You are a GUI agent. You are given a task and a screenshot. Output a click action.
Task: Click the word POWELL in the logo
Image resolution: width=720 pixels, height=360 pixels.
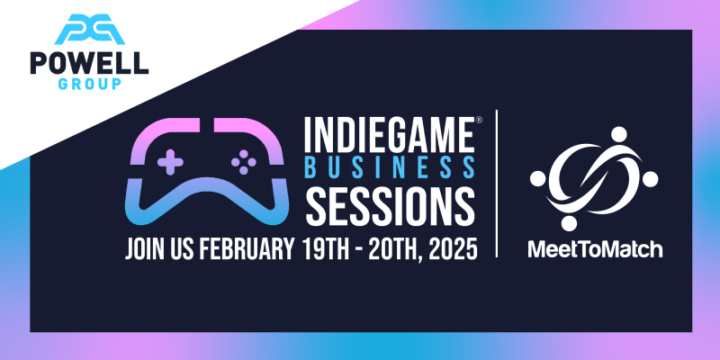click(89, 63)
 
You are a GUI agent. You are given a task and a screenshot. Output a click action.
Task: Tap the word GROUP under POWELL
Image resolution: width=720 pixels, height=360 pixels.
click(89, 84)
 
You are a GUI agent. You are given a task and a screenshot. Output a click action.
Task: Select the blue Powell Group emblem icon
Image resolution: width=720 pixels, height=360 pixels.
click(89, 30)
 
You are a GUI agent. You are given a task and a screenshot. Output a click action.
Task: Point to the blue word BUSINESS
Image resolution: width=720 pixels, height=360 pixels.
click(390, 167)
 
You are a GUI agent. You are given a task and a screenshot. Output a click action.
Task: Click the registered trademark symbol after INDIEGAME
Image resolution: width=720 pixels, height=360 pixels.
click(479, 121)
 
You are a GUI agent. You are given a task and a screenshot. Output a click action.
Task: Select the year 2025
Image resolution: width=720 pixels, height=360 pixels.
click(453, 249)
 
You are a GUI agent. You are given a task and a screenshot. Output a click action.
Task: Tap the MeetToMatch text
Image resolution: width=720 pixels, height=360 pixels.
click(595, 249)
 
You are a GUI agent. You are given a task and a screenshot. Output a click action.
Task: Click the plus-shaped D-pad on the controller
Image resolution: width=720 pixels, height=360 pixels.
click(170, 162)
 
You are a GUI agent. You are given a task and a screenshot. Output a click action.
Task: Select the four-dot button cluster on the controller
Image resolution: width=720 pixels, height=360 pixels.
click(243, 162)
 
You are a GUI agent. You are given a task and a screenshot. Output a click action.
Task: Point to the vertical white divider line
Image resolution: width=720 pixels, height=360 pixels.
click(497, 184)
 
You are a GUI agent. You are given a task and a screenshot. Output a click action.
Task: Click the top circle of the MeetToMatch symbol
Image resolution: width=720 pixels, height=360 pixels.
click(618, 134)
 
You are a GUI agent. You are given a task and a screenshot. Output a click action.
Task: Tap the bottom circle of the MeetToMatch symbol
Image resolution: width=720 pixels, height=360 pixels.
click(569, 222)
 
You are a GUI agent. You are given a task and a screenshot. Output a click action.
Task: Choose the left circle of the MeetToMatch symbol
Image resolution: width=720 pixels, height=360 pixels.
click(537, 178)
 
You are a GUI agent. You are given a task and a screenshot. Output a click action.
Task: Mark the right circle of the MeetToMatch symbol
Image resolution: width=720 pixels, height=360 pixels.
click(650, 178)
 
